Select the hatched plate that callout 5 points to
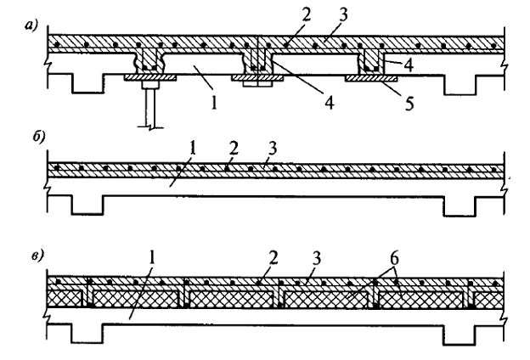click(375, 77)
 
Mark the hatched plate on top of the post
click(149, 77)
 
